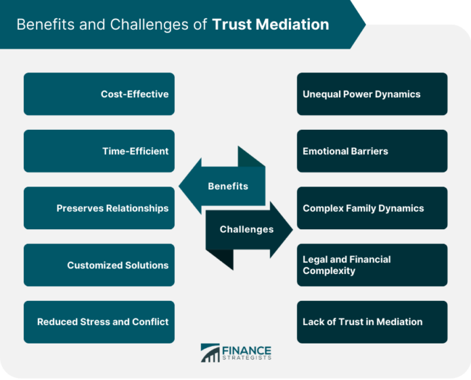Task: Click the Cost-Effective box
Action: [99, 94]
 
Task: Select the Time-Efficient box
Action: [99, 151]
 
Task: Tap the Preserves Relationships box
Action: [99, 208]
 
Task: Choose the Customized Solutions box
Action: [99, 265]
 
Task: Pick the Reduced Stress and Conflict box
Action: [99, 322]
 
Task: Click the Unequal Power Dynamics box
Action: [372, 94]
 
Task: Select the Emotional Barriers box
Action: [372, 151]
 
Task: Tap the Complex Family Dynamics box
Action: [372, 208]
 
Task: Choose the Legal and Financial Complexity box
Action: [372, 265]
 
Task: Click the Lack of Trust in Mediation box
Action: [372, 322]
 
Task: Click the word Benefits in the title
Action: [45, 24]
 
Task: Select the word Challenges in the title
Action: [149, 25]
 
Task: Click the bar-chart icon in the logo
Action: [210, 353]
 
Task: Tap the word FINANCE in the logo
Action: [246, 350]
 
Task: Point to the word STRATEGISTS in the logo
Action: [246, 358]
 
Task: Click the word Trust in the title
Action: [231, 24]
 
